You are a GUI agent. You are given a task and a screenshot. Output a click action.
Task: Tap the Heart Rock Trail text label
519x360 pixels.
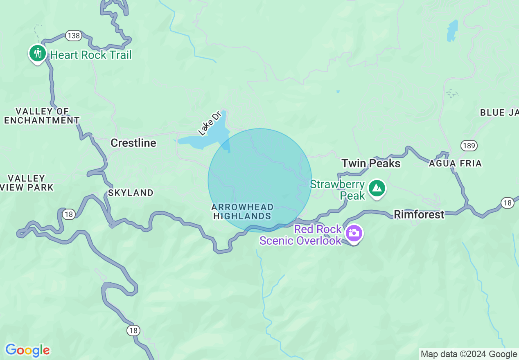(x=91, y=55)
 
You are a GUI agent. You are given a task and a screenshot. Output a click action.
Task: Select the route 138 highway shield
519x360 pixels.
(x=73, y=36)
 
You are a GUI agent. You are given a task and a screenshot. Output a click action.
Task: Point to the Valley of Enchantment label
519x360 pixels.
(x=42, y=116)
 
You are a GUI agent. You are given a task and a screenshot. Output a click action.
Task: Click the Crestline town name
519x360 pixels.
(x=133, y=143)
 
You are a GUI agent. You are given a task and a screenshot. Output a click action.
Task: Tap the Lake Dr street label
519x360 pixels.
(x=209, y=123)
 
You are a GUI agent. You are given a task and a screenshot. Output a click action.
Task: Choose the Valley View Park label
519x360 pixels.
(x=27, y=183)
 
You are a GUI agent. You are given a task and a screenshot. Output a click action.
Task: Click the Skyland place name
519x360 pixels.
(x=131, y=193)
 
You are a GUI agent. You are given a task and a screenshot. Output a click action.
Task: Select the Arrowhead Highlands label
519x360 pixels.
(x=242, y=211)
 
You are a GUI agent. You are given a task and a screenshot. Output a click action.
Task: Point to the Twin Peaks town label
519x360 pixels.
(x=371, y=163)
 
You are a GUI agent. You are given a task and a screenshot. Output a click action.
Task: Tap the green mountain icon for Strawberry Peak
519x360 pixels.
(x=377, y=188)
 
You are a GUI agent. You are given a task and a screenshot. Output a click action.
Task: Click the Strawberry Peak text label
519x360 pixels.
(x=338, y=190)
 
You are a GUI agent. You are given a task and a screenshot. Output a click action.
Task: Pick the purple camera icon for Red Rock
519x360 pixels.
(x=354, y=234)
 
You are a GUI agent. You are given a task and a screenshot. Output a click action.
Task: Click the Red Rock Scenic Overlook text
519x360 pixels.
(x=301, y=235)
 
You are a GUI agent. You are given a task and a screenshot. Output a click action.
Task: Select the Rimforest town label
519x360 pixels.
(x=419, y=214)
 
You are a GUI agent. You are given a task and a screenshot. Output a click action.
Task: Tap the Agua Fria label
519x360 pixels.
(x=455, y=164)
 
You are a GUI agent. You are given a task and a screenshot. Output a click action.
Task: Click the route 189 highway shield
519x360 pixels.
(x=469, y=145)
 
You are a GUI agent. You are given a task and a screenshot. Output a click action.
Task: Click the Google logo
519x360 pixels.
(x=27, y=350)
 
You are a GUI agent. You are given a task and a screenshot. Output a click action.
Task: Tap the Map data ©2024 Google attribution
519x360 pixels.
(x=469, y=354)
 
